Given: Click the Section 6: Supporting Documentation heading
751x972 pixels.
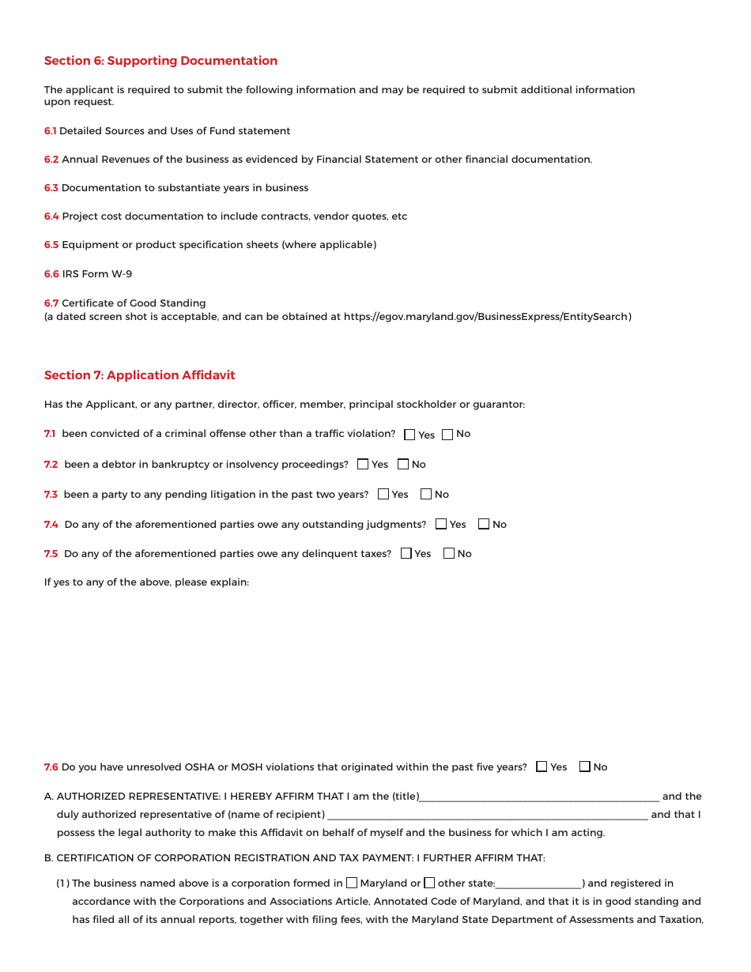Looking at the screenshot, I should pyautogui.click(x=160, y=61).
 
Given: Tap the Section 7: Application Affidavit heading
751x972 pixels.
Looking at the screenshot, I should pyautogui.click(x=139, y=375).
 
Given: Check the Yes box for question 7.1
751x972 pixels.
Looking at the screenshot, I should pyautogui.click(x=409, y=435).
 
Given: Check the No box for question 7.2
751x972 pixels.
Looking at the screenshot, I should pyautogui.click(x=403, y=465).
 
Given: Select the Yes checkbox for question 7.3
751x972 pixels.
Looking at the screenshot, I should pyautogui.click(x=383, y=495).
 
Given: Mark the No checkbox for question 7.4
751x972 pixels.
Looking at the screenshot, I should pyautogui.click(x=484, y=525).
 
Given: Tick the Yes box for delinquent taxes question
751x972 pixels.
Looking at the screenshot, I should pyautogui.click(x=406, y=554).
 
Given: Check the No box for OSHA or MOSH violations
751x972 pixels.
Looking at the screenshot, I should pyautogui.click(x=585, y=767).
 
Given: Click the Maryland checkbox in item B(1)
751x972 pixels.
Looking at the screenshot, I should pyautogui.click(x=352, y=883).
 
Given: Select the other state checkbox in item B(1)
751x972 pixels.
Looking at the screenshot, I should pyautogui.click(x=429, y=883).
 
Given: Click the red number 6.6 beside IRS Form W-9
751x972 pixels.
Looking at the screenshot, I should pyautogui.click(x=51, y=274).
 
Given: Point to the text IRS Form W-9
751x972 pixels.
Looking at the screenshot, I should pyautogui.click(x=97, y=274).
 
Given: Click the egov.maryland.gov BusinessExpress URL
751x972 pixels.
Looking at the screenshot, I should pyautogui.click(x=487, y=317).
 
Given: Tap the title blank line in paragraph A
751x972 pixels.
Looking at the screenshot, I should pyautogui.click(x=539, y=797).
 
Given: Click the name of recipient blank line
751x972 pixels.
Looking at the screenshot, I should pyautogui.click(x=487, y=816).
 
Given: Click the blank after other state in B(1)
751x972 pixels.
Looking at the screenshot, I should pyautogui.click(x=538, y=884).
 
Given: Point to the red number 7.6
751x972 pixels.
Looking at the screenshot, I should pyautogui.click(x=51, y=767).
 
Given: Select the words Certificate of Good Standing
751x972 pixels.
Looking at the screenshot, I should pyautogui.click(x=134, y=303).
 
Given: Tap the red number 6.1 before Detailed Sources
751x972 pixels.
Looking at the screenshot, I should pyautogui.click(x=51, y=131).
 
